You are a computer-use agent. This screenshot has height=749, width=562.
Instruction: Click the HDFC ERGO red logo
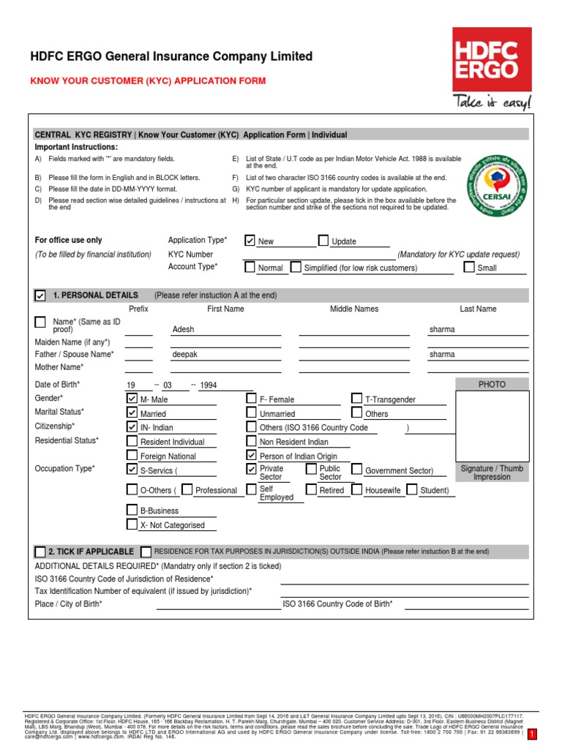[x=491, y=59]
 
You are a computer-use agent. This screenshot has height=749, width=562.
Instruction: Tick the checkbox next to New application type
[x=250, y=241]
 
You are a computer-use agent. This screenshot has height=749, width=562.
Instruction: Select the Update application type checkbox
[x=323, y=241]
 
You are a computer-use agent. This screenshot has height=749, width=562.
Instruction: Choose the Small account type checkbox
[x=469, y=267]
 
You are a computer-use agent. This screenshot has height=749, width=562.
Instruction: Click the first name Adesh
[x=183, y=329]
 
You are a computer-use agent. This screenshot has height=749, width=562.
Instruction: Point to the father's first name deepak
[x=184, y=354]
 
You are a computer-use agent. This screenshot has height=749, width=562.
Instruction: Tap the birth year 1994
[x=209, y=385]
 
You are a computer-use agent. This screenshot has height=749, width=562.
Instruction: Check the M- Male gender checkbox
[x=132, y=399]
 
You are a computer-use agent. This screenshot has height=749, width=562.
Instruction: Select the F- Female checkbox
[x=251, y=399]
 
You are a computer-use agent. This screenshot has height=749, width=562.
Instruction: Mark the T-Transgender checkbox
[x=357, y=399]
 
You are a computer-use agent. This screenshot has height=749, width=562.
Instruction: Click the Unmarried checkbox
[x=251, y=413]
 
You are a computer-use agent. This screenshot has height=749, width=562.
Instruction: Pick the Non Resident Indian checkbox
[x=251, y=441]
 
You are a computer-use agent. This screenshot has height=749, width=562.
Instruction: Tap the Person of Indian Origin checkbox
[x=251, y=455]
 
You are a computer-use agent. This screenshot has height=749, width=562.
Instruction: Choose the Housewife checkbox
[x=357, y=489]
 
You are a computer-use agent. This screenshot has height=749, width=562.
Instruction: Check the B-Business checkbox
[x=132, y=510]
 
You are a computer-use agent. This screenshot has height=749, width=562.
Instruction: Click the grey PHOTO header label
[x=492, y=384]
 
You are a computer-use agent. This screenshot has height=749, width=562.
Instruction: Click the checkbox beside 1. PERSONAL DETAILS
[x=40, y=296]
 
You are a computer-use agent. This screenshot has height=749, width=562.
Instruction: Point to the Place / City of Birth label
[x=69, y=603]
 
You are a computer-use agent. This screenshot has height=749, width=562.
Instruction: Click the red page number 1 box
[x=532, y=734]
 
